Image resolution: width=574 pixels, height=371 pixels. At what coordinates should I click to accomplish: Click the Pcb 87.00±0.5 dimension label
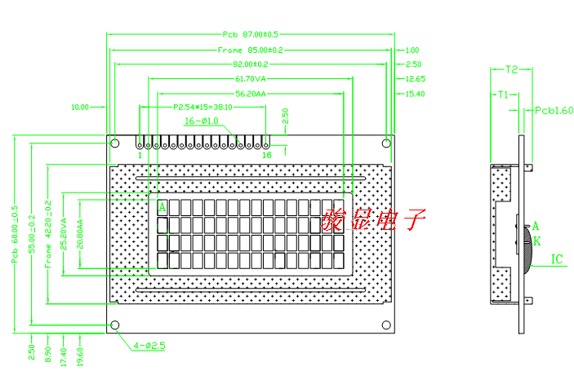pos(251,34)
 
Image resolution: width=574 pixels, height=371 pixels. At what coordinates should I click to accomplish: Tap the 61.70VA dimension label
pos(251,79)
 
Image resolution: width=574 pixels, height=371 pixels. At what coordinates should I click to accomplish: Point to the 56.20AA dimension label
pos(251,94)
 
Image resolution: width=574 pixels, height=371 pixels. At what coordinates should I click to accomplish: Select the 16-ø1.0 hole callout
pos(200,121)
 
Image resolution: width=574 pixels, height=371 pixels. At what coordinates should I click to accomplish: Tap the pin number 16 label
pos(266,154)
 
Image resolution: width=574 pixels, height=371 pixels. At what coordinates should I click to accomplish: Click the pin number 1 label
pos(140,154)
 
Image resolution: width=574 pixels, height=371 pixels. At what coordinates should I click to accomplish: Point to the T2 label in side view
pos(512,69)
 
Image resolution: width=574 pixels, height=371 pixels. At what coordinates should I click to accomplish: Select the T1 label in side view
pos(504,95)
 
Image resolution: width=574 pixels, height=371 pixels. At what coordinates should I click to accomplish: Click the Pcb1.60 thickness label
pos(553,108)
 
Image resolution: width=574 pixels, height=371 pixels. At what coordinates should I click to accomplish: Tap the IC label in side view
pos(557,259)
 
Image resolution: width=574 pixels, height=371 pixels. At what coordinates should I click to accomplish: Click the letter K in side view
pos(537,242)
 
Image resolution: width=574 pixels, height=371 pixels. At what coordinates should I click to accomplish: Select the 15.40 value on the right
pos(415,94)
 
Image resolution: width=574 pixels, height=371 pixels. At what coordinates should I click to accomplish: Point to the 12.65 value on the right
pos(415,79)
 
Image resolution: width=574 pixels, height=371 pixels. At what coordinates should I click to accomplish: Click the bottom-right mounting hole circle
pos(386,325)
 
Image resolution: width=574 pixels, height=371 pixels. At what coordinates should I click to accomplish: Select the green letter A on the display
pos(162,207)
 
